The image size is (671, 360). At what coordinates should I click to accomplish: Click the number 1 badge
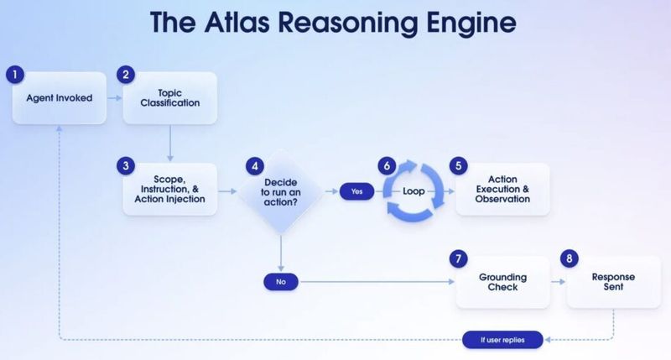[x=14, y=75]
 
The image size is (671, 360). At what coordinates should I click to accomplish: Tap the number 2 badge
[x=126, y=75]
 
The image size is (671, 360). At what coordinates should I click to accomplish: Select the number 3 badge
[x=126, y=165]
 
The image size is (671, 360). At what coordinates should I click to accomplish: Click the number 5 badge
[x=459, y=165]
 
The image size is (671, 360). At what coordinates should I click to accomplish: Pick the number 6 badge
[x=387, y=165]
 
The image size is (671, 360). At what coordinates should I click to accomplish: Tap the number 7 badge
[x=459, y=258]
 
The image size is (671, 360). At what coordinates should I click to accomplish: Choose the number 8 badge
[x=570, y=258]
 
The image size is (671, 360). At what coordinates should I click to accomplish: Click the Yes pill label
[x=356, y=191]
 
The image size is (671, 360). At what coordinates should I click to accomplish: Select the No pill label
[x=281, y=282]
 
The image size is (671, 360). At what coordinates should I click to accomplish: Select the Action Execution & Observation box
[x=503, y=190]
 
